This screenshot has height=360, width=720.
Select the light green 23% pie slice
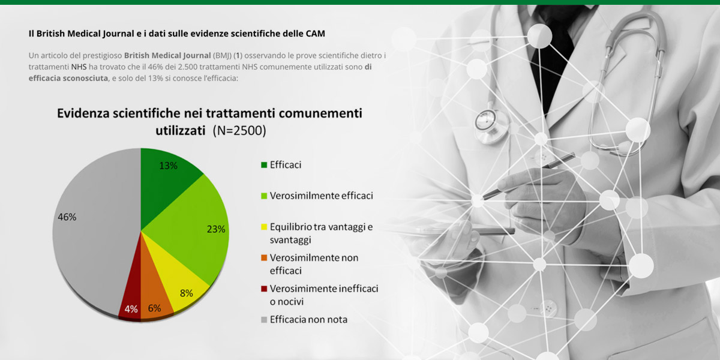click(x=193, y=228)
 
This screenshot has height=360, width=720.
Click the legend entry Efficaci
click(x=281, y=165)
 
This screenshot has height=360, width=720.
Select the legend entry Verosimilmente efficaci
click(x=317, y=196)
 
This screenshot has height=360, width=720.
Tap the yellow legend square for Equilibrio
click(x=264, y=227)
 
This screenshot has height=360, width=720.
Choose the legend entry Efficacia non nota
click(x=304, y=319)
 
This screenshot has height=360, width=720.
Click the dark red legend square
click(x=264, y=289)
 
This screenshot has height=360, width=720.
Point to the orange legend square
click(x=264, y=258)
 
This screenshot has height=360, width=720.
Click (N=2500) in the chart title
click(x=239, y=131)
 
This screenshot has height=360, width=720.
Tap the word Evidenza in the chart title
click(x=83, y=113)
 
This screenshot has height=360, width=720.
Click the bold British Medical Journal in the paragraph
click(x=167, y=56)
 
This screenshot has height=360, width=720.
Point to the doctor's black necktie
click(x=552, y=58)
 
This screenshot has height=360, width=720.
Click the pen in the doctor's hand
click(x=529, y=176)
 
